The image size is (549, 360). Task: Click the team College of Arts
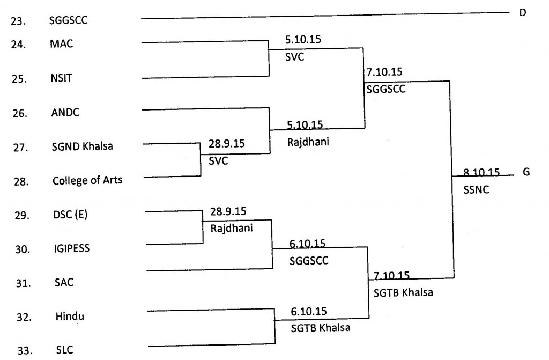tap(87, 180)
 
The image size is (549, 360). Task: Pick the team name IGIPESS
tap(71, 248)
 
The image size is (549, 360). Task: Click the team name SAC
tap(64, 283)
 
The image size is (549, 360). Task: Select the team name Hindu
tap(70, 317)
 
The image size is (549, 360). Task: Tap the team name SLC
tap(64, 350)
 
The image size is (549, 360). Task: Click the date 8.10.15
tap(481, 173)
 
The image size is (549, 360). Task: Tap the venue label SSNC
tap(476, 190)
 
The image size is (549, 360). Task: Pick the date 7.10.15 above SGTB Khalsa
tap(391, 276)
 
